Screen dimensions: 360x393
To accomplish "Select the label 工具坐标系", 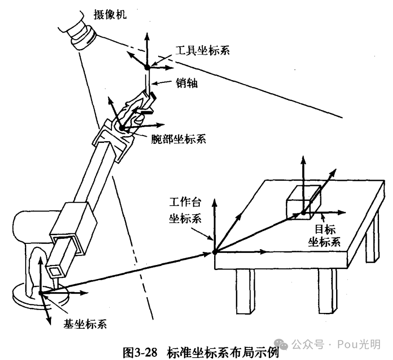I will [203, 50].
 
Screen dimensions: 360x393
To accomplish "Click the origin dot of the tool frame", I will [147, 67].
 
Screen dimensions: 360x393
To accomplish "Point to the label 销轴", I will [186, 83].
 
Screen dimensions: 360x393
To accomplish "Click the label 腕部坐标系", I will [178, 139].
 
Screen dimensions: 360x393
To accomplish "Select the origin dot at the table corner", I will [215, 251].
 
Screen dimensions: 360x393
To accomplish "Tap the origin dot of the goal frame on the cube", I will [303, 212].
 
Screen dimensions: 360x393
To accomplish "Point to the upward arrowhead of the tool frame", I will [147, 35].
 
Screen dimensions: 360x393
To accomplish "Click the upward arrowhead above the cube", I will [303, 159].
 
